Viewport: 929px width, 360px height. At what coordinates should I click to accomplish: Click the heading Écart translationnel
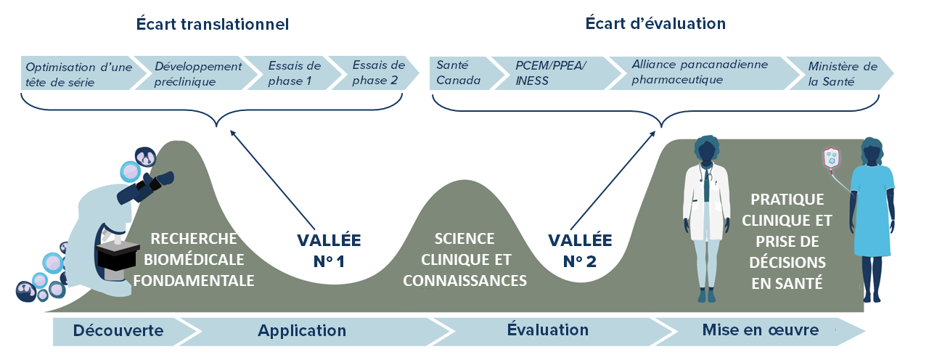click(213, 24)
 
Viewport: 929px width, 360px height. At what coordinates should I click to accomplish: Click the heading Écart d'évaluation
click(655, 24)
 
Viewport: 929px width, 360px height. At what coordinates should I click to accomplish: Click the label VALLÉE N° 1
click(329, 250)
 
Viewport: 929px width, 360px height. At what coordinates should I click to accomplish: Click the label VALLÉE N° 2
click(580, 250)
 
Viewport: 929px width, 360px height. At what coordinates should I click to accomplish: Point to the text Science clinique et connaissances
click(464, 259)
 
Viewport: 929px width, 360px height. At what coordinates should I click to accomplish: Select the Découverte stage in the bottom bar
click(118, 331)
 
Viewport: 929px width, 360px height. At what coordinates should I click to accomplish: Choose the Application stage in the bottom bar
click(302, 331)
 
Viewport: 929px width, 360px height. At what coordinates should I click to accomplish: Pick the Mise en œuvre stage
click(760, 331)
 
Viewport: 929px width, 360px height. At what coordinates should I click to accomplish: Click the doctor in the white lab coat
click(705, 218)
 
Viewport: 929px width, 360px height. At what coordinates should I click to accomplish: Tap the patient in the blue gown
click(872, 218)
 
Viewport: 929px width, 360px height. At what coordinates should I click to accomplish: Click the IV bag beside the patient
click(831, 160)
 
